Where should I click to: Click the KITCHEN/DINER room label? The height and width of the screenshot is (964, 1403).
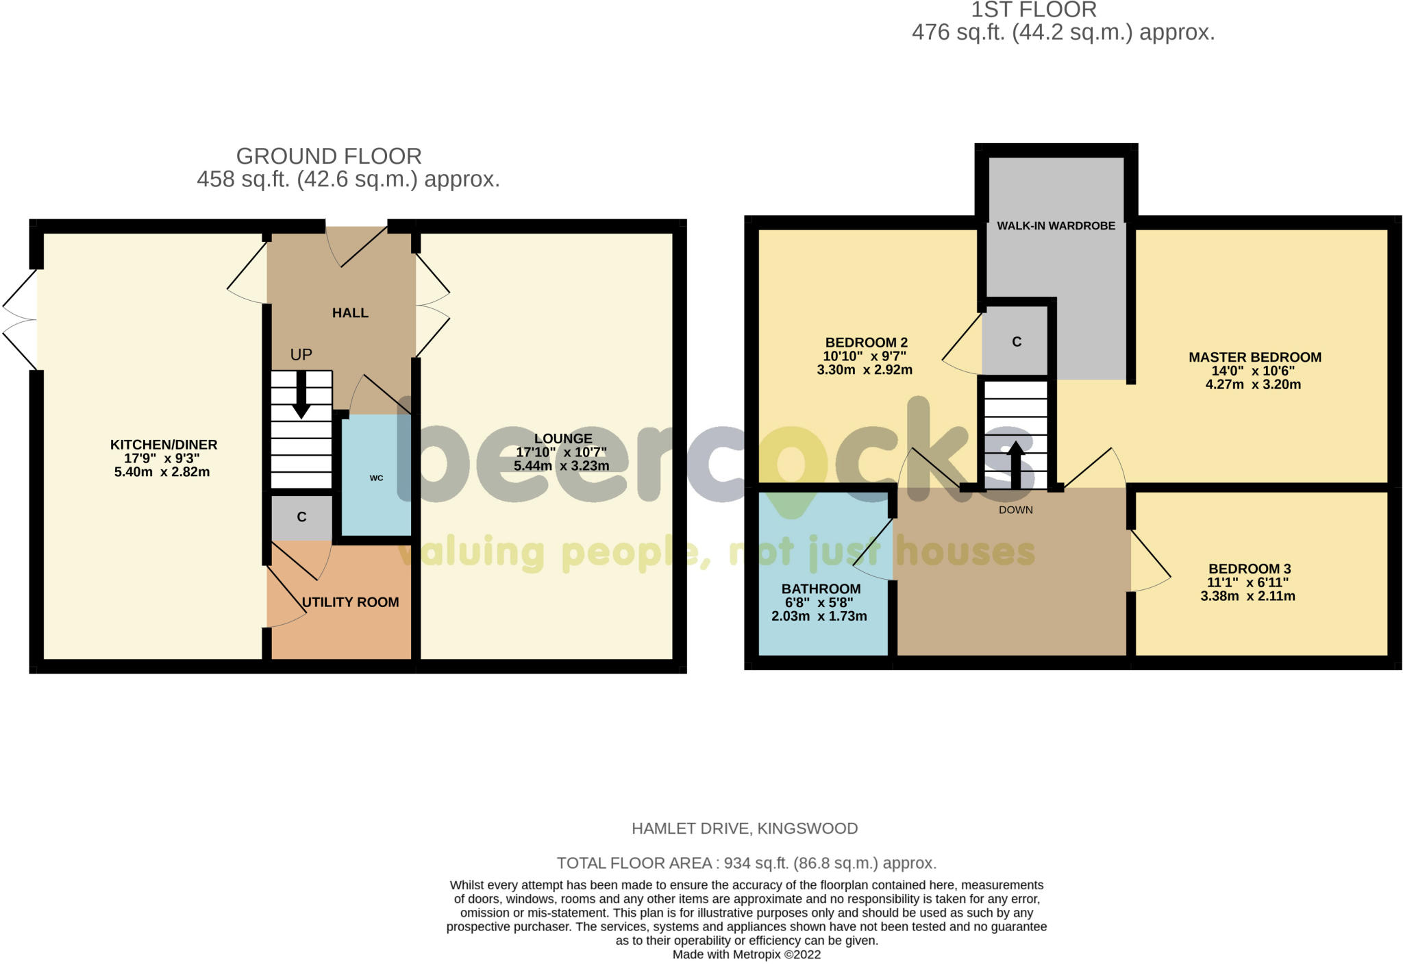[x=164, y=445]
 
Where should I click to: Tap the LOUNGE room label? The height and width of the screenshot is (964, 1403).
[x=563, y=438]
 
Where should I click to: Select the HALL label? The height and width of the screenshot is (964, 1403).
[x=350, y=313]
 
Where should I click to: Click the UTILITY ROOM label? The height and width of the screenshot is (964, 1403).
[x=350, y=602]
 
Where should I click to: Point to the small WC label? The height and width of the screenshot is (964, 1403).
[x=376, y=478]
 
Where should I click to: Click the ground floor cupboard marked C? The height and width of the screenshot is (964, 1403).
[x=301, y=517]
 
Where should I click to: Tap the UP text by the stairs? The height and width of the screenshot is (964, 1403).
[x=301, y=354]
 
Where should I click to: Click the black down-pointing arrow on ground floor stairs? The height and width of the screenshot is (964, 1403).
[x=301, y=395]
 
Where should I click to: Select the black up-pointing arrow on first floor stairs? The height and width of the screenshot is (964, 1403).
[x=1015, y=465]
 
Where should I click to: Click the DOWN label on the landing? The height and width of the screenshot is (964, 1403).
[x=1015, y=510]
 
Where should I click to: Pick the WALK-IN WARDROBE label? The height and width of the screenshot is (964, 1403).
[x=1056, y=226]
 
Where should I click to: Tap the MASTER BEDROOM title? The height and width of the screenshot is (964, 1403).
[x=1254, y=357]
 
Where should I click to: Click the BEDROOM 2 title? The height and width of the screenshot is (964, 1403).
[x=866, y=343]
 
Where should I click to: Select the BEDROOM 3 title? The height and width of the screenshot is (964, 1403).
[x=1250, y=569]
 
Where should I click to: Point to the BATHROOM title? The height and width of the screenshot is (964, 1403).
[x=821, y=589]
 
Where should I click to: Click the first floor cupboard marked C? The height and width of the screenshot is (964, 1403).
[x=1017, y=342]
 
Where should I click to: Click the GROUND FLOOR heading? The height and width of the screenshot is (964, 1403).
[x=329, y=156]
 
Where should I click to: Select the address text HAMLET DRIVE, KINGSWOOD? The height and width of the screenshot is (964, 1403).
[x=745, y=828]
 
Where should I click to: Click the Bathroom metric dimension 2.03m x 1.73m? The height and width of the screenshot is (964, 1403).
[x=819, y=616]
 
